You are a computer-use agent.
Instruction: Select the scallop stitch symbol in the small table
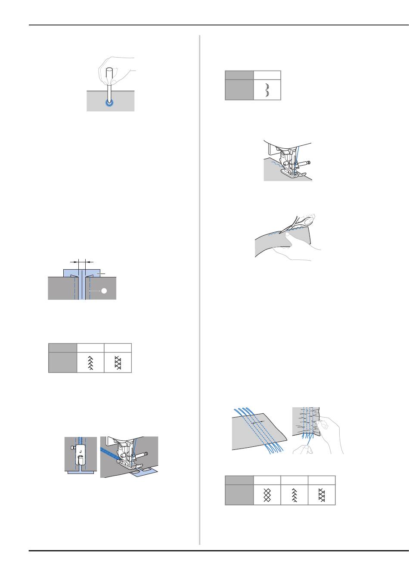[x=267, y=90]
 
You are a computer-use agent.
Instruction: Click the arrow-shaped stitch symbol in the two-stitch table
[x=91, y=363]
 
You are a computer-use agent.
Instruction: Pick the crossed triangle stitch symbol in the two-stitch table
[x=118, y=363]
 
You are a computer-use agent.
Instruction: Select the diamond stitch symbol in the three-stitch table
[x=267, y=495]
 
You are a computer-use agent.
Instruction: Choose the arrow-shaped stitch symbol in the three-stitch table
[x=294, y=495]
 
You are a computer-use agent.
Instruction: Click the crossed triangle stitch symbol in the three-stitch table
[x=322, y=495]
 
